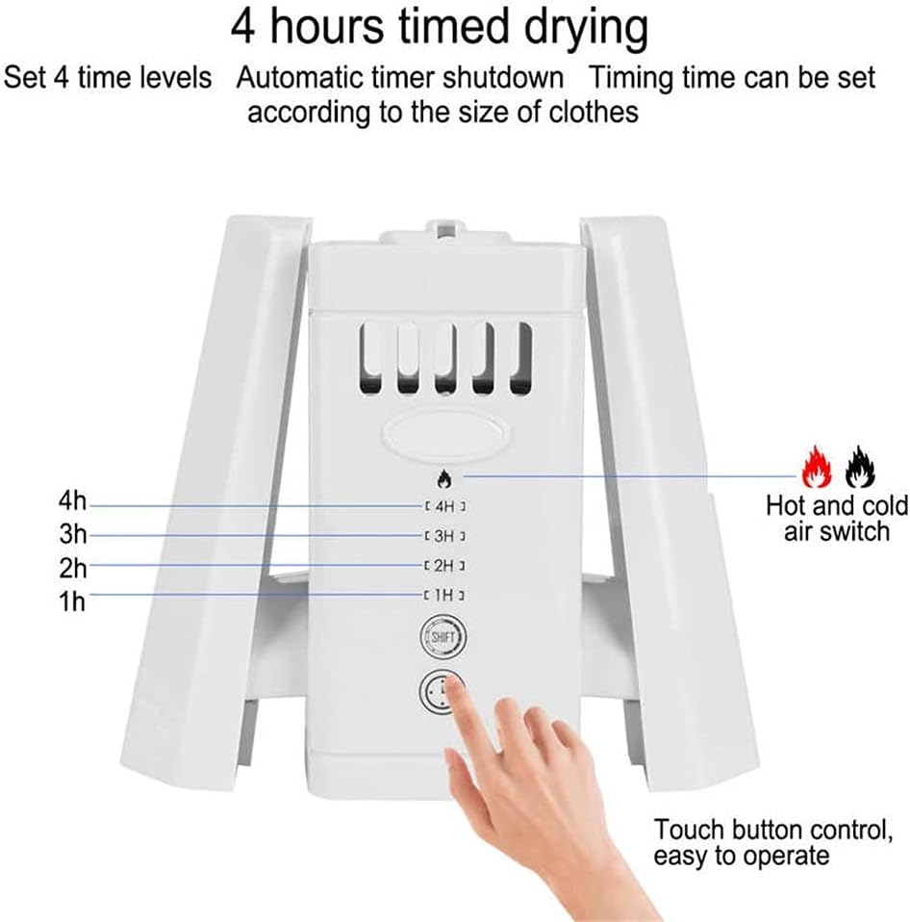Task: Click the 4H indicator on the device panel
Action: point(444,506)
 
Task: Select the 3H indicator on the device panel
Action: point(444,535)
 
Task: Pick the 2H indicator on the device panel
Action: point(444,565)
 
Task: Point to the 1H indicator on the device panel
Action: point(444,595)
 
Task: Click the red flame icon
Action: point(817,468)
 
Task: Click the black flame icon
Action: point(860,468)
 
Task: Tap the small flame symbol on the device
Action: point(444,476)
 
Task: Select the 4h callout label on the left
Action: point(72,501)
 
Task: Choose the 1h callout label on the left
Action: point(72,602)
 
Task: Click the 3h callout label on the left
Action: point(72,535)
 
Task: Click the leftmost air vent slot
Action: point(370,358)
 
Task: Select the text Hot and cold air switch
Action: point(836,518)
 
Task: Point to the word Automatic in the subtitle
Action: point(305,77)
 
